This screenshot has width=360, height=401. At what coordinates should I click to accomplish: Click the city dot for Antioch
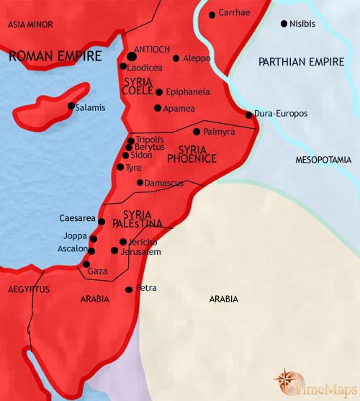[x=132, y=55]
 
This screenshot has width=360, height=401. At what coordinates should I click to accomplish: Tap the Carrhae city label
[x=235, y=14]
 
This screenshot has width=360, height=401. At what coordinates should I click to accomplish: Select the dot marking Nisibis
[x=283, y=23]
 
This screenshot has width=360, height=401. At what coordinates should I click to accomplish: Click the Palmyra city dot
[x=197, y=132]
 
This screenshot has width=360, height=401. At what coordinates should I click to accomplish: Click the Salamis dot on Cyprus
[x=71, y=107]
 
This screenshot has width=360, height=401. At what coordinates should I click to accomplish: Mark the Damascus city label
[x=164, y=183]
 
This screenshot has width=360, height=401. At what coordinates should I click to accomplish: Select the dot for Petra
[x=129, y=289]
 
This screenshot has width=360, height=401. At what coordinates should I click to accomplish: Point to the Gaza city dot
[x=86, y=264]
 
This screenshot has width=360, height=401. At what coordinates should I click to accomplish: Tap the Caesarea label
[x=77, y=217]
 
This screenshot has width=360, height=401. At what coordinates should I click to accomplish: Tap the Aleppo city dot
[x=176, y=58]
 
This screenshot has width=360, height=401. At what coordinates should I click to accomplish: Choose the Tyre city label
[x=134, y=167]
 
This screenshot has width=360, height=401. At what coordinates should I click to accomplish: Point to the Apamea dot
[x=158, y=108]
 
